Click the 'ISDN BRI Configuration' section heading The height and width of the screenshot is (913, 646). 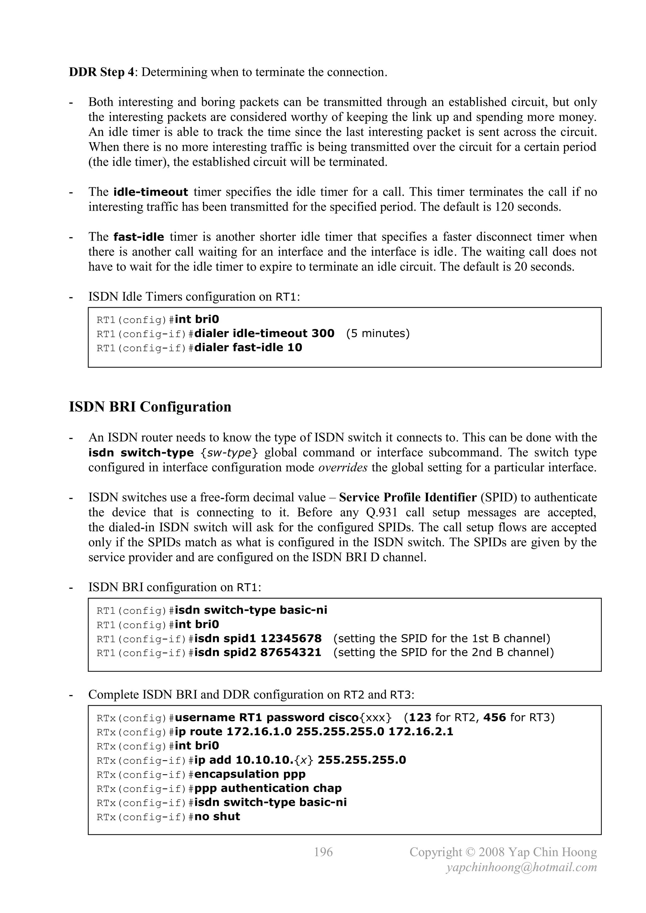coord(150,407)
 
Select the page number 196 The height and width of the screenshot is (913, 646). coord(323,852)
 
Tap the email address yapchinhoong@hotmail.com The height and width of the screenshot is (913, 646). coord(521,867)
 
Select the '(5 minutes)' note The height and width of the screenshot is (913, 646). coord(378,333)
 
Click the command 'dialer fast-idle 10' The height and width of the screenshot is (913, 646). coord(248,348)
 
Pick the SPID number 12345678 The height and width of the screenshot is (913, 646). coord(291,638)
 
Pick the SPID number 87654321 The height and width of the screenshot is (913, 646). coord(291,653)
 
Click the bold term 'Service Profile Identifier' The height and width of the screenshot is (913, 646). coord(408,497)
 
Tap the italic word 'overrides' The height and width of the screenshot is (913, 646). coord(343,467)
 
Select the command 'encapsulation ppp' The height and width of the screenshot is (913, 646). coord(250,774)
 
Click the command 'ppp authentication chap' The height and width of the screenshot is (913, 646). coord(268,788)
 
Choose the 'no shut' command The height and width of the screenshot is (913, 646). coord(217,817)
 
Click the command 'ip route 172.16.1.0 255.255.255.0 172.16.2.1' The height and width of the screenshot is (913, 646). coord(314,732)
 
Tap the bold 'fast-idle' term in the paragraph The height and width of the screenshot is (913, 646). coord(139,237)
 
